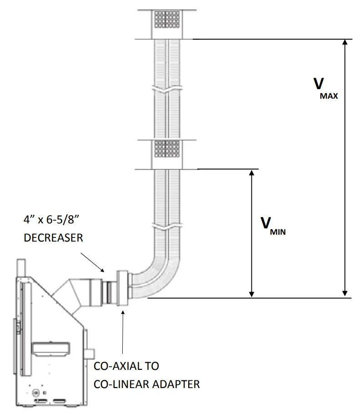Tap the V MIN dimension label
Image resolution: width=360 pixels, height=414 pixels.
click(272, 226)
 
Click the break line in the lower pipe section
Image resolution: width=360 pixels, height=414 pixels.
click(168, 226)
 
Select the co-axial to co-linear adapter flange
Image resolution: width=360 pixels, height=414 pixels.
click(122, 289)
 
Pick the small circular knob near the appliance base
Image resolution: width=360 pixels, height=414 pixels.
click(35, 390)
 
